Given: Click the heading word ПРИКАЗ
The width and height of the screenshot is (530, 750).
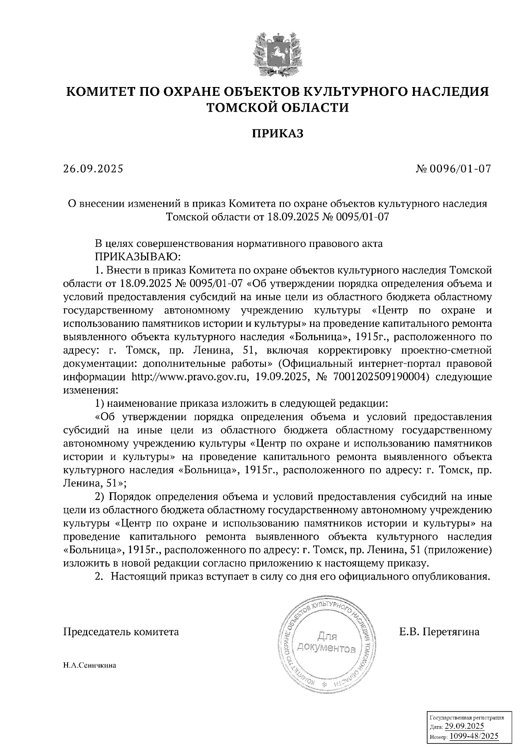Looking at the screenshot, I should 277,133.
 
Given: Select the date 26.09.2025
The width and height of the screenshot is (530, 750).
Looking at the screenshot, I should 94,169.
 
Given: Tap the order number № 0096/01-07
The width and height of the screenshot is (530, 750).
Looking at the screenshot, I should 454,169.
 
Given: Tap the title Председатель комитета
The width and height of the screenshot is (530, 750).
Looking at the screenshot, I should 121,632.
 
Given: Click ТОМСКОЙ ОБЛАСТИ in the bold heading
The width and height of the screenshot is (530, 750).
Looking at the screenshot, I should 277,107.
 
